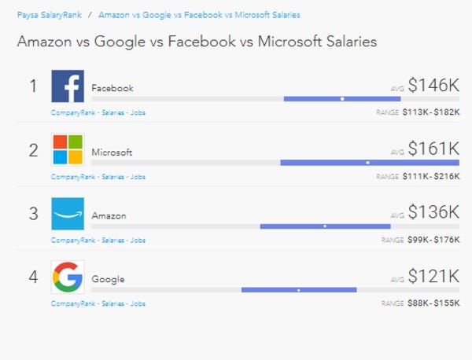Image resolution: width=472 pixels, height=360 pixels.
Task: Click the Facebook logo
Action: [x=68, y=86]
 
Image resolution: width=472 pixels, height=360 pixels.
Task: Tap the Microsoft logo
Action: [x=68, y=150]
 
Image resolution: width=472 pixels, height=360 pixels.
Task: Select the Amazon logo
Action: [x=68, y=214]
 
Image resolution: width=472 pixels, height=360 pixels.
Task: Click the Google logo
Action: [x=68, y=277]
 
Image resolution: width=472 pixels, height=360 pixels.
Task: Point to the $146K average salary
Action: [x=433, y=85]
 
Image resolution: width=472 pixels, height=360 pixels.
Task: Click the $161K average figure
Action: [x=433, y=149]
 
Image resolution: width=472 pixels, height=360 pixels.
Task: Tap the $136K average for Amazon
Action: [x=433, y=212]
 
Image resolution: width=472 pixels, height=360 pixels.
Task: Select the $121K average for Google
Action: [x=433, y=276]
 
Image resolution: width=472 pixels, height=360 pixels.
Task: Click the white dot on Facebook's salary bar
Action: [x=342, y=99]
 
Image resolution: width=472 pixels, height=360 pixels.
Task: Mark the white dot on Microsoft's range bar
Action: [x=367, y=163]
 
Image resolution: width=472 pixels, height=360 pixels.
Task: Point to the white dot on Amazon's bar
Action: [x=325, y=226]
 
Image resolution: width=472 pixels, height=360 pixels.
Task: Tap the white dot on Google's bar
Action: [x=299, y=290]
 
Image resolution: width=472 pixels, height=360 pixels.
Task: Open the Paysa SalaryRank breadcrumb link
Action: [x=50, y=15]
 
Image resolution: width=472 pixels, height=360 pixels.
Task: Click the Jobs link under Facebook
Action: [x=138, y=112]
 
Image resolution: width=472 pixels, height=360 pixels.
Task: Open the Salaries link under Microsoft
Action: [x=112, y=177]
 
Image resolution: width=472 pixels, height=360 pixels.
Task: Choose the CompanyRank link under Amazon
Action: [x=73, y=241]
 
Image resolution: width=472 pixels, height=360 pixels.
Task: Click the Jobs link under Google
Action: [x=138, y=303]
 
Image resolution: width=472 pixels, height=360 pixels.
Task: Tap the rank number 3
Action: [x=33, y=214]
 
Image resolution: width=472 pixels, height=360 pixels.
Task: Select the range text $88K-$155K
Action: [x=433, y=303]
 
